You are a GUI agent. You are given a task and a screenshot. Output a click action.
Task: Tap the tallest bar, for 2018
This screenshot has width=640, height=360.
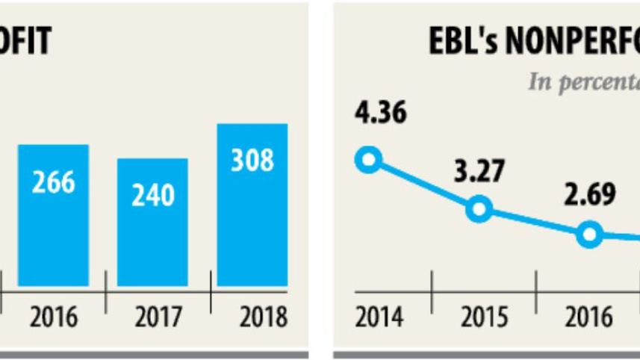click(x=252, y=205)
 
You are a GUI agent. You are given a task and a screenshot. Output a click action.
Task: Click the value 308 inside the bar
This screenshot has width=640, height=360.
click(x=252, y=161)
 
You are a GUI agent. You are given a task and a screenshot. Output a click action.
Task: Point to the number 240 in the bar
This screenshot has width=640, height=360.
click(x=152, y=195)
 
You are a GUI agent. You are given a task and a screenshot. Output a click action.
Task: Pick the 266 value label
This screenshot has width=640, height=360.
click(x=54, y=181)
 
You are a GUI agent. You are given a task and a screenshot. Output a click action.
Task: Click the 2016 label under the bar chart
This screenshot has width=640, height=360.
click(x=54, y=317)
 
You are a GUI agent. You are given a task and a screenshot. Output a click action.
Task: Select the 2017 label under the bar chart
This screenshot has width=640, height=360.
click(x=159, y=317)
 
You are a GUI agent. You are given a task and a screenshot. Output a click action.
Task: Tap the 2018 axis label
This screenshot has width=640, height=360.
click(x=264, y=317)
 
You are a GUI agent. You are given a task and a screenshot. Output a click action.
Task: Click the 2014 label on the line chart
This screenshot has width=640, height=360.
click(x=379, y=317)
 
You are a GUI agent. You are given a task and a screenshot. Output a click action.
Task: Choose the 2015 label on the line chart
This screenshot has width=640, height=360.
click(x=484, y=317)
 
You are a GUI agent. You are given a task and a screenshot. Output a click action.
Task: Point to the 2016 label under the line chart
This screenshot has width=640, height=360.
click(x=588, y=317)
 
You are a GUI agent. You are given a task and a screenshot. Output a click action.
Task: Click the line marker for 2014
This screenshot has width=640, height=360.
click(x=368, y=159)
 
